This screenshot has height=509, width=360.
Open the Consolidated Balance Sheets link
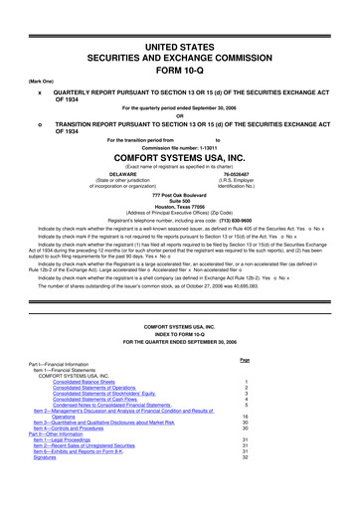click(x=90, y=410)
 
